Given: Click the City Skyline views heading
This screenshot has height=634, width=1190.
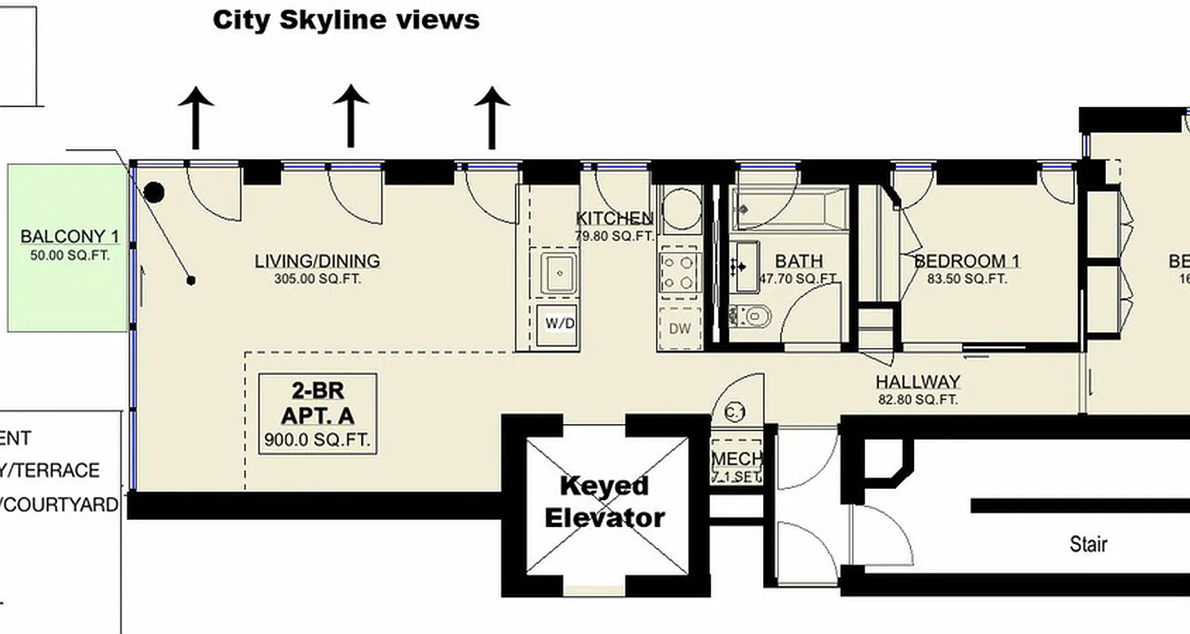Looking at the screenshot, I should (346, 20).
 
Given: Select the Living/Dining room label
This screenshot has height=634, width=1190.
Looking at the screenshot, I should (317, 261).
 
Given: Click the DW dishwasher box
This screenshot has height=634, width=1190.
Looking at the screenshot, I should (679, 328).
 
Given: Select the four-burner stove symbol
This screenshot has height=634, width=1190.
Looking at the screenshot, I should (679, 272).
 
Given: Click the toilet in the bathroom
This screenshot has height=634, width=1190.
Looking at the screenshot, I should (751, 316).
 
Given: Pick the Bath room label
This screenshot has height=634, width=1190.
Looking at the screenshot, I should (798, 261).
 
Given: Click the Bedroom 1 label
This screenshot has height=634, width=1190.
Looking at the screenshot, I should (967, 262).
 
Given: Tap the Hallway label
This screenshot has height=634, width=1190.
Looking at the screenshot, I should (918, 382).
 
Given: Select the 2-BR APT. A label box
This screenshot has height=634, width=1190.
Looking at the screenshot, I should (318, 414).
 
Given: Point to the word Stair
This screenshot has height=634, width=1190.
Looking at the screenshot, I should (1088, 544).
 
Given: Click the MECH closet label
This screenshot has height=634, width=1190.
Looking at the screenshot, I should (737, 460).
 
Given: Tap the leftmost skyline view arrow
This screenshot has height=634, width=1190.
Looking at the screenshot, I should (195, 117).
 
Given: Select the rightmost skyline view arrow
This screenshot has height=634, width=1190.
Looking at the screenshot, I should (492, 116).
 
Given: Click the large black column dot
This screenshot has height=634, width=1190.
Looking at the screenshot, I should (154, 192).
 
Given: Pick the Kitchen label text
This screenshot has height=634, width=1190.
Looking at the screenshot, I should (615, 219).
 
